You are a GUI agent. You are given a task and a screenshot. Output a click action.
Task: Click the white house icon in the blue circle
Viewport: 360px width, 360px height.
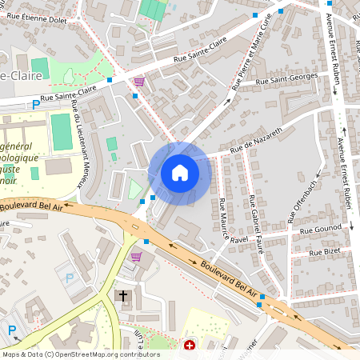[179, 173]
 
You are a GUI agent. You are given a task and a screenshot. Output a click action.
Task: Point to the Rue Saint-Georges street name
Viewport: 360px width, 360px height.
[286, 79]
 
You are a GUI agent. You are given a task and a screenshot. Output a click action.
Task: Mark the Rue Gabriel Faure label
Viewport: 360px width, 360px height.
[254, 218]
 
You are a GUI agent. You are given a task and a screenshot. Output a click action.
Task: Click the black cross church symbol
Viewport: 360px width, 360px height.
[123, 295]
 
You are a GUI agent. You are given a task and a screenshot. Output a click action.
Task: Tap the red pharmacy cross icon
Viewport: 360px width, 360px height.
[190, 346]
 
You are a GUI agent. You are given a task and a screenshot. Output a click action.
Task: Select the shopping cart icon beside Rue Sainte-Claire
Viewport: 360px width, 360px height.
[139, 82]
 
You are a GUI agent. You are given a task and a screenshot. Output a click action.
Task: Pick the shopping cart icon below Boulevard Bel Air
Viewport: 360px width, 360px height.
[136, 257]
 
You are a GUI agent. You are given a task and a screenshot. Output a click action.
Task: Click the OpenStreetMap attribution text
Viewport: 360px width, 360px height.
[81, 354]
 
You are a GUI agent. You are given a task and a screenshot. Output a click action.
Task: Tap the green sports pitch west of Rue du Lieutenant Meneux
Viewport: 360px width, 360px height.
[61, 130]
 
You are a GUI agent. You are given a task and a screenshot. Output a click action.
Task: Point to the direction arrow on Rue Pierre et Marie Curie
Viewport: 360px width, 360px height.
[228, 101]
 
